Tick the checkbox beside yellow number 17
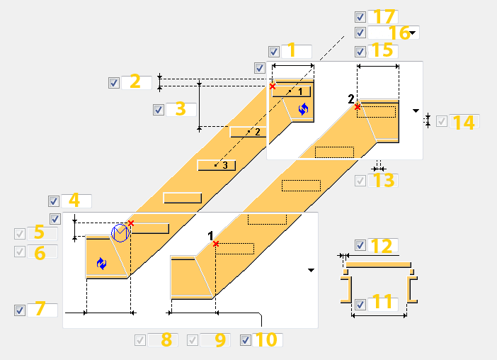click(360, 17)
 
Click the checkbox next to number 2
click(114, 83)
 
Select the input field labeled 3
click(181, 109)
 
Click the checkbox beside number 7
click(20, 310)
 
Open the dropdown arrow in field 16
click(412, 33)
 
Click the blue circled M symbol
click(120, 233)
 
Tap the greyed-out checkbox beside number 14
click(442, 121)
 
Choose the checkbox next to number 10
click(246, 340)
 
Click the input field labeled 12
click(382, 245)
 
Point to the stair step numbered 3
click(217, 165)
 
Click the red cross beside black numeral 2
click(358, 107)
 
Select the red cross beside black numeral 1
click(216, 244)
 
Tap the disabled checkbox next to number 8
click(140, 340)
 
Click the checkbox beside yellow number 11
click(360, 305)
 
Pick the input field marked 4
click(76, 201)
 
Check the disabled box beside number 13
click(360, 181)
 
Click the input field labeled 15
click(382, 52)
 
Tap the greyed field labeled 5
click(42, 234)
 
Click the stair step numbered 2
click(248, 132)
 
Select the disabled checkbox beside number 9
click(193, 340)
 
